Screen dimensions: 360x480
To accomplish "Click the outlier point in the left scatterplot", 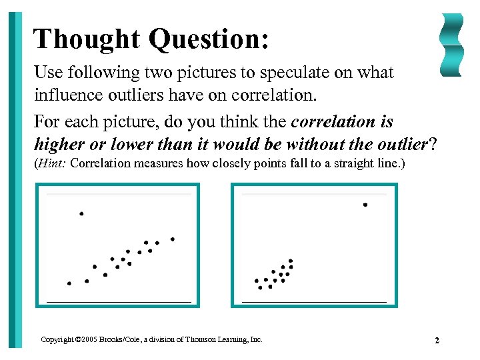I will point(81,214).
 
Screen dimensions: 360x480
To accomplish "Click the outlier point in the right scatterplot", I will point(365,205).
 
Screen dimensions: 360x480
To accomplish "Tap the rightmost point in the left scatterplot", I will point(173,239).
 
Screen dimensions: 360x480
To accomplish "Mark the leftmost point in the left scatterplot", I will point(69,283).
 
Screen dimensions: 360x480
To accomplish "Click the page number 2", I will point(437,341).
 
